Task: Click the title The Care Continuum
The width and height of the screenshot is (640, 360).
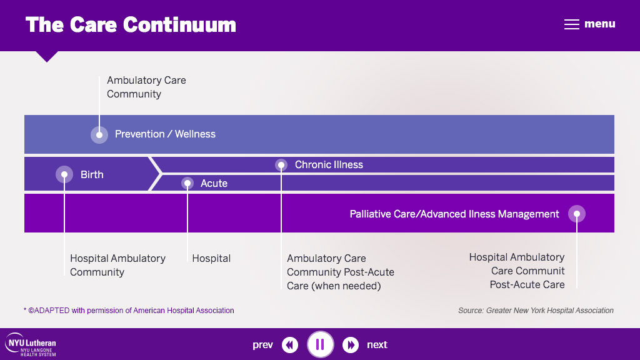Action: (131, 24)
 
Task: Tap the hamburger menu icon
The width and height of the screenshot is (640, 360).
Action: (571, 24)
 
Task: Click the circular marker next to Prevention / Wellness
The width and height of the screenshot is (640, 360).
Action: (99, 135)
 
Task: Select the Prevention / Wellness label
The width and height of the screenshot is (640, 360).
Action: (165, 134)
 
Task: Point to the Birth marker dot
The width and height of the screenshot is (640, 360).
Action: (64, 174)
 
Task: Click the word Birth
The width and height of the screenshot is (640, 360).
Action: (92, 175)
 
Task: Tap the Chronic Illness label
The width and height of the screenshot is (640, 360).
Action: (329, 164)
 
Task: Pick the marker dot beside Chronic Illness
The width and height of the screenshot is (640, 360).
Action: (281, 165)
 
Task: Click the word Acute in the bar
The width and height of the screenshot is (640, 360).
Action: (214, 183)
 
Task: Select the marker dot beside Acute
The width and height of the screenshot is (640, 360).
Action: (187, 183)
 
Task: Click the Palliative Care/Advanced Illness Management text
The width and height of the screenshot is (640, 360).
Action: (454, 214)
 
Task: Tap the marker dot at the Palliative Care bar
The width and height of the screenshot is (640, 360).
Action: (577, 214)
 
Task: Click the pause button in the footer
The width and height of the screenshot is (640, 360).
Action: (321, 344)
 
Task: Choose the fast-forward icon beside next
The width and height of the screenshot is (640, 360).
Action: (350, 345)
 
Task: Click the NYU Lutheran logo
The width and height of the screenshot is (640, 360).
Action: (31, 345)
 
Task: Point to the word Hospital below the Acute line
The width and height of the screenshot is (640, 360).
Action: (211, 258)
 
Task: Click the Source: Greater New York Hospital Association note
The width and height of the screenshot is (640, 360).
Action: (536, 311)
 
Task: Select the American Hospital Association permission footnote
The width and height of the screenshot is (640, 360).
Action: (129, 311)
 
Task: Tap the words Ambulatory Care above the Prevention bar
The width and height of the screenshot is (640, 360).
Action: (146, 81)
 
